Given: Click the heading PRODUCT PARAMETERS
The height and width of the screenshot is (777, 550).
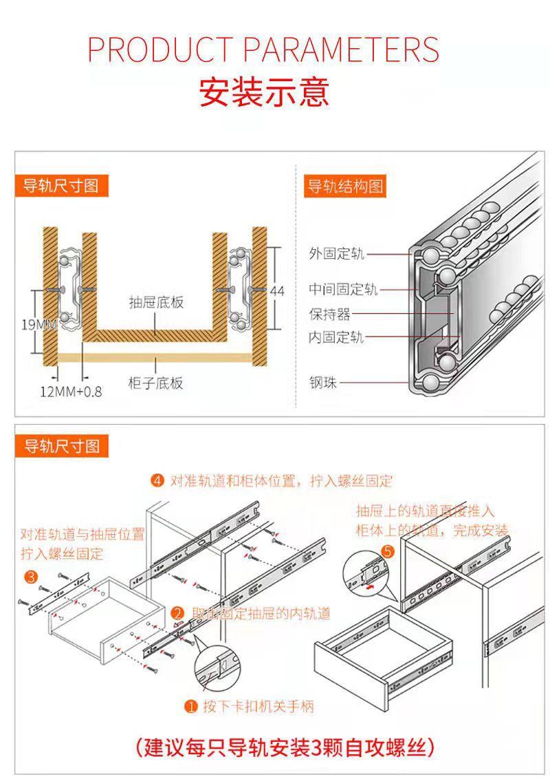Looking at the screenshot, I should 263,50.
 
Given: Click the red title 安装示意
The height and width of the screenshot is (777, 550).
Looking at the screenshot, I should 264,92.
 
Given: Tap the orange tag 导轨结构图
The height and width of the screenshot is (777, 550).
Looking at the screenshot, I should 344,187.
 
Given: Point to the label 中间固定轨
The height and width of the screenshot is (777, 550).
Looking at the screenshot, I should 343,290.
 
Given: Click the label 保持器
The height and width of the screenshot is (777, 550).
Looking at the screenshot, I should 329,315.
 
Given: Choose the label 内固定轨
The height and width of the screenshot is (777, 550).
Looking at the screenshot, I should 336,337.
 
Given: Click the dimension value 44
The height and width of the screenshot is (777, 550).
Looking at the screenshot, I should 276,291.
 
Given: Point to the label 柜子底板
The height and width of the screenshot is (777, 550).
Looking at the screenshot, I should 156,383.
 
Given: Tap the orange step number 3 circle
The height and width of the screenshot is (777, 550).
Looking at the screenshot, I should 30,576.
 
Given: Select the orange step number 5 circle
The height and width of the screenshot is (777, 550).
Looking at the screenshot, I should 388,551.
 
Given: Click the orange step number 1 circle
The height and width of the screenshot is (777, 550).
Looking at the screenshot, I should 191,706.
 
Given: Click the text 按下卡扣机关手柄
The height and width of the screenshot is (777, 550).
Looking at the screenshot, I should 258,706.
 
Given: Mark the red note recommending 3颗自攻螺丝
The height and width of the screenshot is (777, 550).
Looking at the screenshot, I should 284,747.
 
